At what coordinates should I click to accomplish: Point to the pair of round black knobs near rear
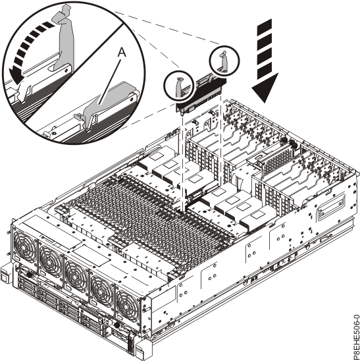click(x=287, y=142)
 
